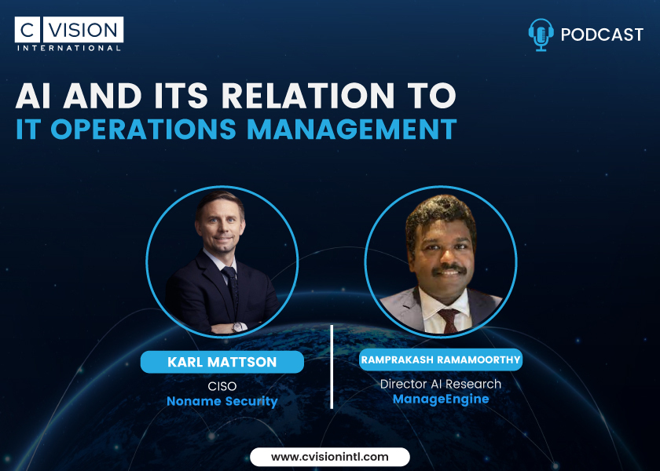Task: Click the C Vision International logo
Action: (68, 33)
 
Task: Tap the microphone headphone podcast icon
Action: (541, 35)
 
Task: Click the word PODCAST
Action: (603, 35)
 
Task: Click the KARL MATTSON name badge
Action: (222, 362)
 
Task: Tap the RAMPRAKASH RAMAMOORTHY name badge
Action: (441, 360)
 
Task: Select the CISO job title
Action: (222, 386)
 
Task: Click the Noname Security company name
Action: (222, 401)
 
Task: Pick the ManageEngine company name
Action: (441, 399)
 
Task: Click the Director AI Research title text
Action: (441, 384)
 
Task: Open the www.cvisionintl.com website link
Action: (330, 456)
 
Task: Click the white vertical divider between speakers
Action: (332, 366)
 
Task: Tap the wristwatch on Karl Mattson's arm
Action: (237, 327)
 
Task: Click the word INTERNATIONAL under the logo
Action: (68, 48)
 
